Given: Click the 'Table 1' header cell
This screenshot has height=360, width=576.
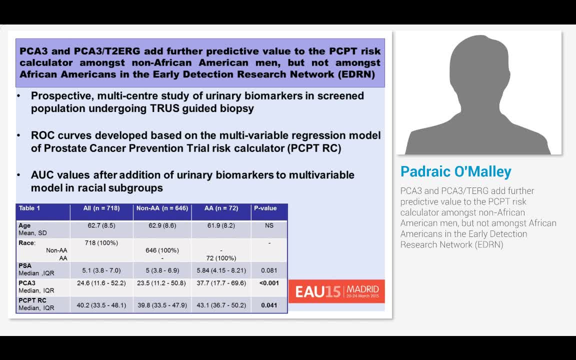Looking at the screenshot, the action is pos(29,208).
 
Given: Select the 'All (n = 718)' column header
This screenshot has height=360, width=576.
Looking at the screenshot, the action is pos(101,208).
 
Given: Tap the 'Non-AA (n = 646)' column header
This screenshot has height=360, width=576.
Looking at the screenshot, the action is pos(162,208).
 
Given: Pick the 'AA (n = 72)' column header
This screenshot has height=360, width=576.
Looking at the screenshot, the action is pos(221,208).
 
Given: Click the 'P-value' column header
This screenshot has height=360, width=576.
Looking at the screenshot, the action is pos(265,208).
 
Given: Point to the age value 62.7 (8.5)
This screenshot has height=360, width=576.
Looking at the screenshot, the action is pos(101,225).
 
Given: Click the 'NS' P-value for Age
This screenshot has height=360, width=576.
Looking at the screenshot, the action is pos(269,225).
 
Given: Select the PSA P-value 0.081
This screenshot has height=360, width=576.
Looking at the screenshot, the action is pos(269,270).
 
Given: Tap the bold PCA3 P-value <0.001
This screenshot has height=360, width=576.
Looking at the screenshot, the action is pos(269,283).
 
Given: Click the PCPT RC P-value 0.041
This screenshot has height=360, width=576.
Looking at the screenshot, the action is pos(269,305).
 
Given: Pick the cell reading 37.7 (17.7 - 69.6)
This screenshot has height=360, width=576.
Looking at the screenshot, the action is pos(221,283).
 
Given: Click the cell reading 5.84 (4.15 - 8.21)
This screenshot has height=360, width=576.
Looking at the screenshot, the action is pos(221,270).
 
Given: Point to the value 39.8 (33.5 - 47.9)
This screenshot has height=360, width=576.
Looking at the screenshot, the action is pos(162,305).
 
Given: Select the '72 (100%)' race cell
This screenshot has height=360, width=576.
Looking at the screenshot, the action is pos(221,258).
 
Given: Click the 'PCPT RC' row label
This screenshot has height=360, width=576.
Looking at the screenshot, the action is pos(32,300).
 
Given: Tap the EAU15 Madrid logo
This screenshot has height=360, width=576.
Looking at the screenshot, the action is pos(337,291).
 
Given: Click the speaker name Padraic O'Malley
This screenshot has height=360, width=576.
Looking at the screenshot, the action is pos(456,172).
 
